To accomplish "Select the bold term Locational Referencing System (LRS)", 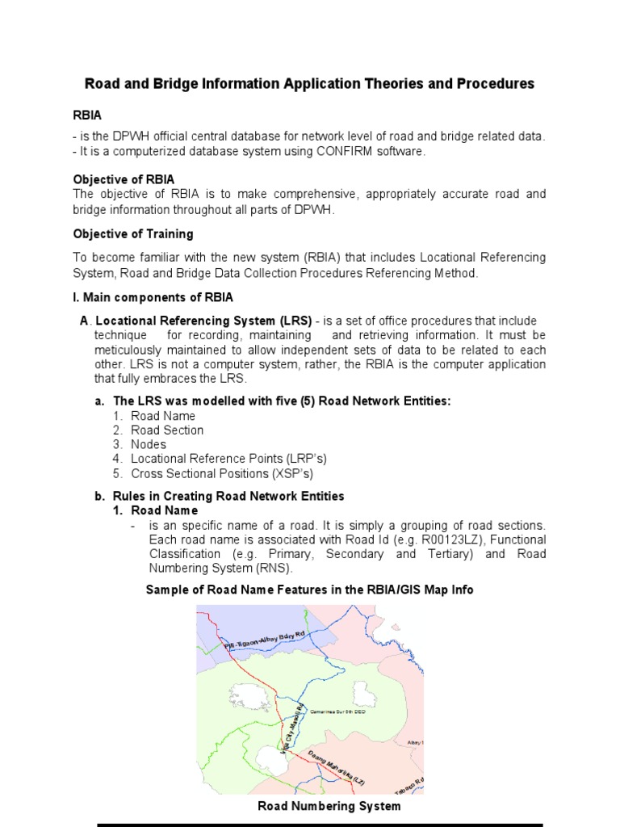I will point(203,321).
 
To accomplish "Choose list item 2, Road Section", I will point(167,430).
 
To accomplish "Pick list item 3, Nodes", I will point(149,445).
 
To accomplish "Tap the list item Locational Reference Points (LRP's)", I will point(228,459).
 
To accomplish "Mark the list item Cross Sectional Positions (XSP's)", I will point(222,473).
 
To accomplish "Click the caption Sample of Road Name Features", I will point(309,590).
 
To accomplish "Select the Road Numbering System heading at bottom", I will point(329,806).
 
